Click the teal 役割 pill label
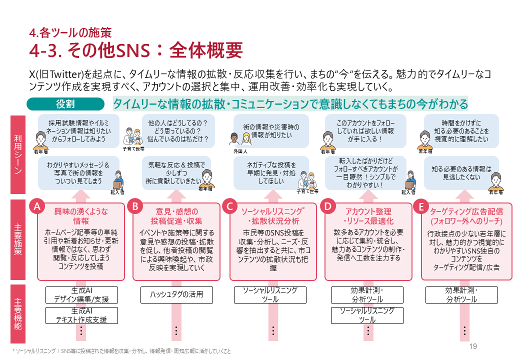[65, 104]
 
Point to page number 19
[473, 346]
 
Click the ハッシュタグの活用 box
[176, 294]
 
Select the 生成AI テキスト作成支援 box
[81, 315]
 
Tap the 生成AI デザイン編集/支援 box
[81, 294]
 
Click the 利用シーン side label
[18, 156]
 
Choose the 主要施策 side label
[18, 241]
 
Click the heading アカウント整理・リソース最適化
[368, 215]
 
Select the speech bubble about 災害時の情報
[272, 131]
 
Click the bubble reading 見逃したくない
[461, 172]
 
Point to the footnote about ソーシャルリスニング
[122, 351]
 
